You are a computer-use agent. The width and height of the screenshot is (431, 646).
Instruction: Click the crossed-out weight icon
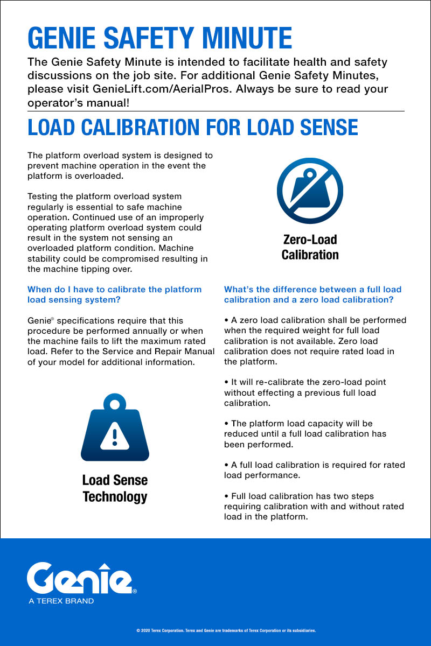(310, 191)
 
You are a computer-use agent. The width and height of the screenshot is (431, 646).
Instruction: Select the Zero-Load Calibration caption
(310, 247)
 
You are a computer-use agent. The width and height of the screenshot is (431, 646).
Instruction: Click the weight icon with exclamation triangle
(114, 428)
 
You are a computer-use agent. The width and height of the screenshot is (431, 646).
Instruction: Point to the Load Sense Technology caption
(115, 488)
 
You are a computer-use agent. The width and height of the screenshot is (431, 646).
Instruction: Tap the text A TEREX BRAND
(61, 601)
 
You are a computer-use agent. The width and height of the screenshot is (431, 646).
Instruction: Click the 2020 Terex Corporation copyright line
(226, 630)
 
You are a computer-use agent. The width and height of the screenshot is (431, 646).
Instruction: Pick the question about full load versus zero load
(312, 294)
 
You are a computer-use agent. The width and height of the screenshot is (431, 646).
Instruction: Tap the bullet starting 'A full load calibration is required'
(315, 470)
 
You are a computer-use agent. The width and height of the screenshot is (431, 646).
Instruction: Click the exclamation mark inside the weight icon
(114, 434)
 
